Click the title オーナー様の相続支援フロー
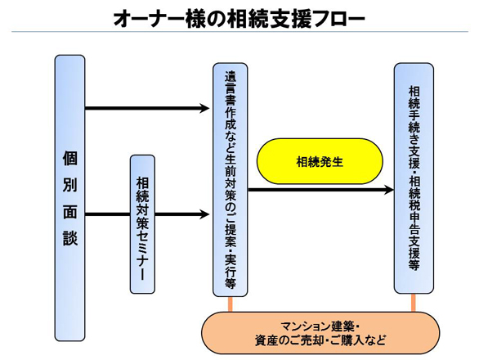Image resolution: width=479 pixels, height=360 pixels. (x=239, y=19)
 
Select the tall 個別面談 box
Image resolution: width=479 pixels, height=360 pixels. (x=69, y=198)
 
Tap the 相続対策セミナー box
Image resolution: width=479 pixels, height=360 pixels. (x=142, y=224)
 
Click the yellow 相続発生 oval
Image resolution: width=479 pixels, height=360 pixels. (x=320, y=161)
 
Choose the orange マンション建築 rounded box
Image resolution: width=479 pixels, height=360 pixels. (x=320, y=333)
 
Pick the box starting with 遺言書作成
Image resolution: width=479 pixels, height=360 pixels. (x=230, y=180)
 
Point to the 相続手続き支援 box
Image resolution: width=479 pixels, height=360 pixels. (x=414, y=178)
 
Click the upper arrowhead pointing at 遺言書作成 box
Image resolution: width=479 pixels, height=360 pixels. (x=204, y=108)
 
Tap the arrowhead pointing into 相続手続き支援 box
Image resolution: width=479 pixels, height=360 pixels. (x=389, y=190)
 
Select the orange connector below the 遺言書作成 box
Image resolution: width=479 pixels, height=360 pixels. (x=231, y=304)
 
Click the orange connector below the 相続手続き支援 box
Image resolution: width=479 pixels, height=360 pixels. (x=414, y=303)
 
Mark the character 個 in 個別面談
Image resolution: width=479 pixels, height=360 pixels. (x=70, y=158)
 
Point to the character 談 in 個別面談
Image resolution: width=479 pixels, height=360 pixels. (x=70, y=237)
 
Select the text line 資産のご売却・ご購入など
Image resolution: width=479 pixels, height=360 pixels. (x=320, y=340)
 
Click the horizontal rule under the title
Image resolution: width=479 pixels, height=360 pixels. (x=239, y=32)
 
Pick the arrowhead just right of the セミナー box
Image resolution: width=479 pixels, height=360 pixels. (x=204, y=214)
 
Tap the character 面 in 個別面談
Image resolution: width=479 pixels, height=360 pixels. (x=70, y=212)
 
